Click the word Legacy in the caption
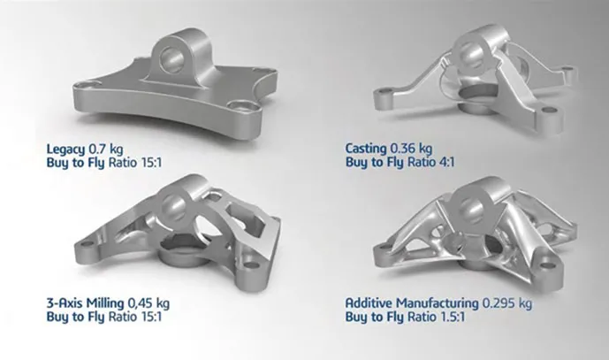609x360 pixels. click(x=65, y=149)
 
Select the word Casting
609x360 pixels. click(x=366, y=149)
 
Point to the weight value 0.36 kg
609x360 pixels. click(x=411, y=149)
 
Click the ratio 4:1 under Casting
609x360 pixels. click(x=446, y=162)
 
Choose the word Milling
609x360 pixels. click(x=105, y=303)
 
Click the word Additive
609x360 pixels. click(x=369, y=303)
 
